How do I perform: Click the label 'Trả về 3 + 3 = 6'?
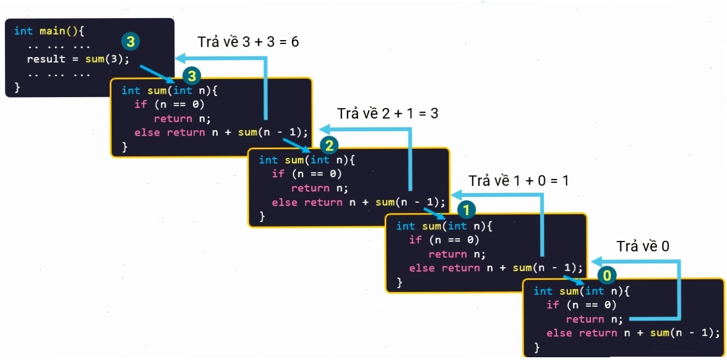tap(248, 42)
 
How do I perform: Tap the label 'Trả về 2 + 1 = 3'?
tap(387, 113)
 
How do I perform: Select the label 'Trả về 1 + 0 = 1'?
tap(519, 181)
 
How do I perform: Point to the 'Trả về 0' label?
tap(643, 246)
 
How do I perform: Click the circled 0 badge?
tap(607, 275)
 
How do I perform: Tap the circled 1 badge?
tap(466, 210)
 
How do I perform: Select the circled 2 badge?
tap(329, 146)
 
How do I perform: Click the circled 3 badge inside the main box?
tap(131, 42)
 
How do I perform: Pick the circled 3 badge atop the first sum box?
tap(192, 76)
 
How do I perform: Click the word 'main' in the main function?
tap(52, 31)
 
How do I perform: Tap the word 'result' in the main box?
tap(46, 59)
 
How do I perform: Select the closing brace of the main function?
tap(17, 87)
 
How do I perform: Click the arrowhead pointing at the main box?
tap(180, 58)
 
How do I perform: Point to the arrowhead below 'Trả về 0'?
tap(596, 262)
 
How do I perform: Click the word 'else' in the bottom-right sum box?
tap(559, 333)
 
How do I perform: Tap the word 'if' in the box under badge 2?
tap(278, 173)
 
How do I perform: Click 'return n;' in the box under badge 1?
tap(457, 254)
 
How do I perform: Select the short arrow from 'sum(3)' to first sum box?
tap(157, 74)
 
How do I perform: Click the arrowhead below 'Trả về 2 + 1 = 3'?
tap(325, 130)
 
